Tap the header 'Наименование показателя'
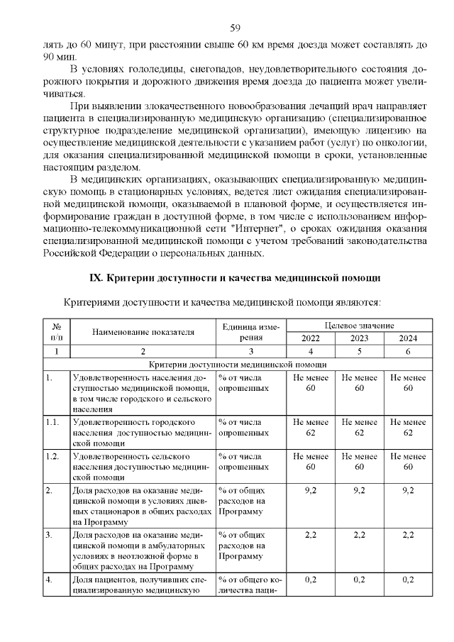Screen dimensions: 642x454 coord(143,331)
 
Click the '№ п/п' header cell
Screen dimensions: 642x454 coord(57,331)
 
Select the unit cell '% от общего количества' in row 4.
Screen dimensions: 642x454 coord(250,585)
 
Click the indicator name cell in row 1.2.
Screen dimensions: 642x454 coord(143,465)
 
